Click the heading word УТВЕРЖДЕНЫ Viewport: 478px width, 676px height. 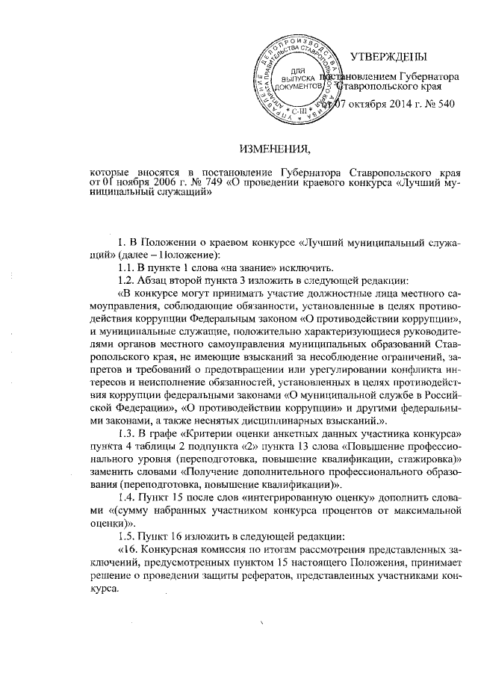pyautogui.click(x=388, y=57)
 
